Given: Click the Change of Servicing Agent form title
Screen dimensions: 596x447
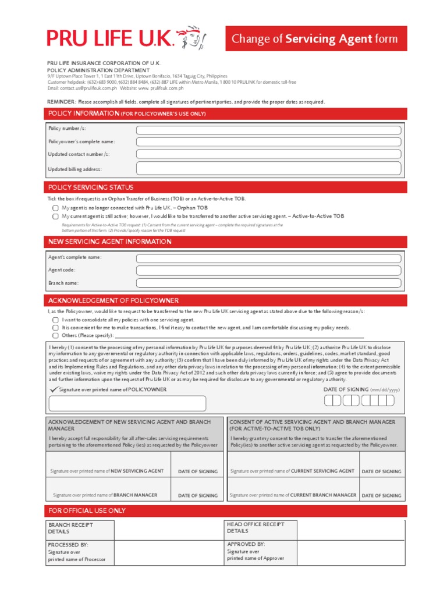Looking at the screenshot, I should tap(315, 39).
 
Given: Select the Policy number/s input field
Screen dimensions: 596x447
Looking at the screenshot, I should tap(268, 129).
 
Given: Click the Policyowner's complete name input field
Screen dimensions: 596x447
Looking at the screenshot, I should tap(268, 142).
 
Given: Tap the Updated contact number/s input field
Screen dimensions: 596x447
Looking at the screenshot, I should tap(268, 154).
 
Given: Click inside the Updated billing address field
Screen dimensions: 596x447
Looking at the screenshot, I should tap(268, 169).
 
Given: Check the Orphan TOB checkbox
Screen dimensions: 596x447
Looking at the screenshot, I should tap(55, 208).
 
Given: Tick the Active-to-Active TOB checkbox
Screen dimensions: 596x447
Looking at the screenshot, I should tap(55, 216).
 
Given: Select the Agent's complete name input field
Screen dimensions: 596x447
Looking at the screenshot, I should tap(268, 258).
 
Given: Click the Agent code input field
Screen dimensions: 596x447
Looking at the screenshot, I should tap(268, 271).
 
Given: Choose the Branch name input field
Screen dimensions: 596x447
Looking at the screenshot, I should tap(268, 283).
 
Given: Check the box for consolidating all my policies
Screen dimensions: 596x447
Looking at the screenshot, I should tap(55, 320).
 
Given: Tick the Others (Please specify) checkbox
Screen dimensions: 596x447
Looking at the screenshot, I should tap(55, 336).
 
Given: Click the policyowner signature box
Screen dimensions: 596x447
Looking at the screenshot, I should tap(127, 403).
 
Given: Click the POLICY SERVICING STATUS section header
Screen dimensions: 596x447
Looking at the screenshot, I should tap(91, 187).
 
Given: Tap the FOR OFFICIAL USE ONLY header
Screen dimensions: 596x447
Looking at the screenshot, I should tap(87, 510).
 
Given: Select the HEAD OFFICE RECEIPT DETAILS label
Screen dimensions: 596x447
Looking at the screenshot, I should tap(256, 527).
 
